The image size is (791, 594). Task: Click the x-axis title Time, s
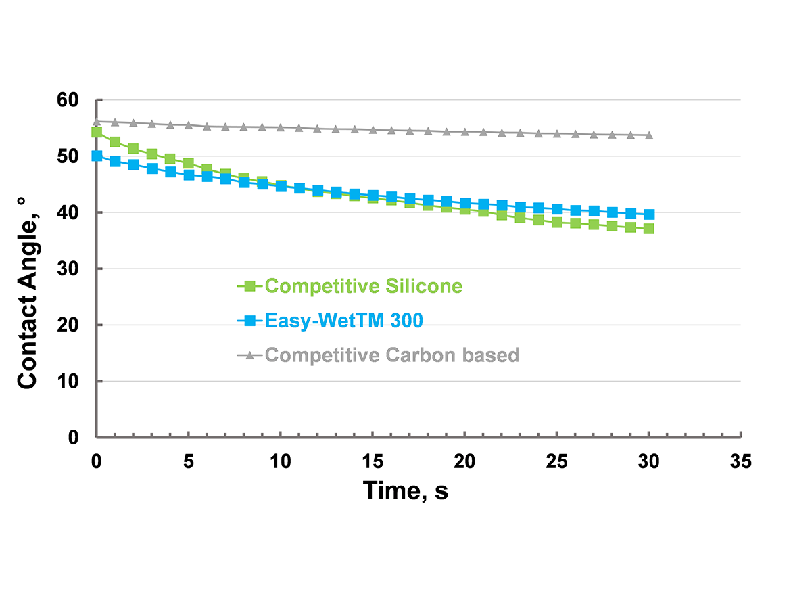coord(405,490)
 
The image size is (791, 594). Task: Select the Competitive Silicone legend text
coord(364,286)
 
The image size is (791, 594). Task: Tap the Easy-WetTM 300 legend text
coord(344,321)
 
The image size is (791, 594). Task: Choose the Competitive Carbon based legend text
coord(392,355)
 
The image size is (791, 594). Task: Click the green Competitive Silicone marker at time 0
coord(97,132)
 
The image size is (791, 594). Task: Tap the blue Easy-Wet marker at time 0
coord(97,156)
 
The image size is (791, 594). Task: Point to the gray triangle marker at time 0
coord(97,121)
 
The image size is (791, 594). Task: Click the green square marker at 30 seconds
coord(649,229)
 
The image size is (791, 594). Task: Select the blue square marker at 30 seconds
coord(649,214)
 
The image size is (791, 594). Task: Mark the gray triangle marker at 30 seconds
coord(649,135)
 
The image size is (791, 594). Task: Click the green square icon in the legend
coord(249,286)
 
